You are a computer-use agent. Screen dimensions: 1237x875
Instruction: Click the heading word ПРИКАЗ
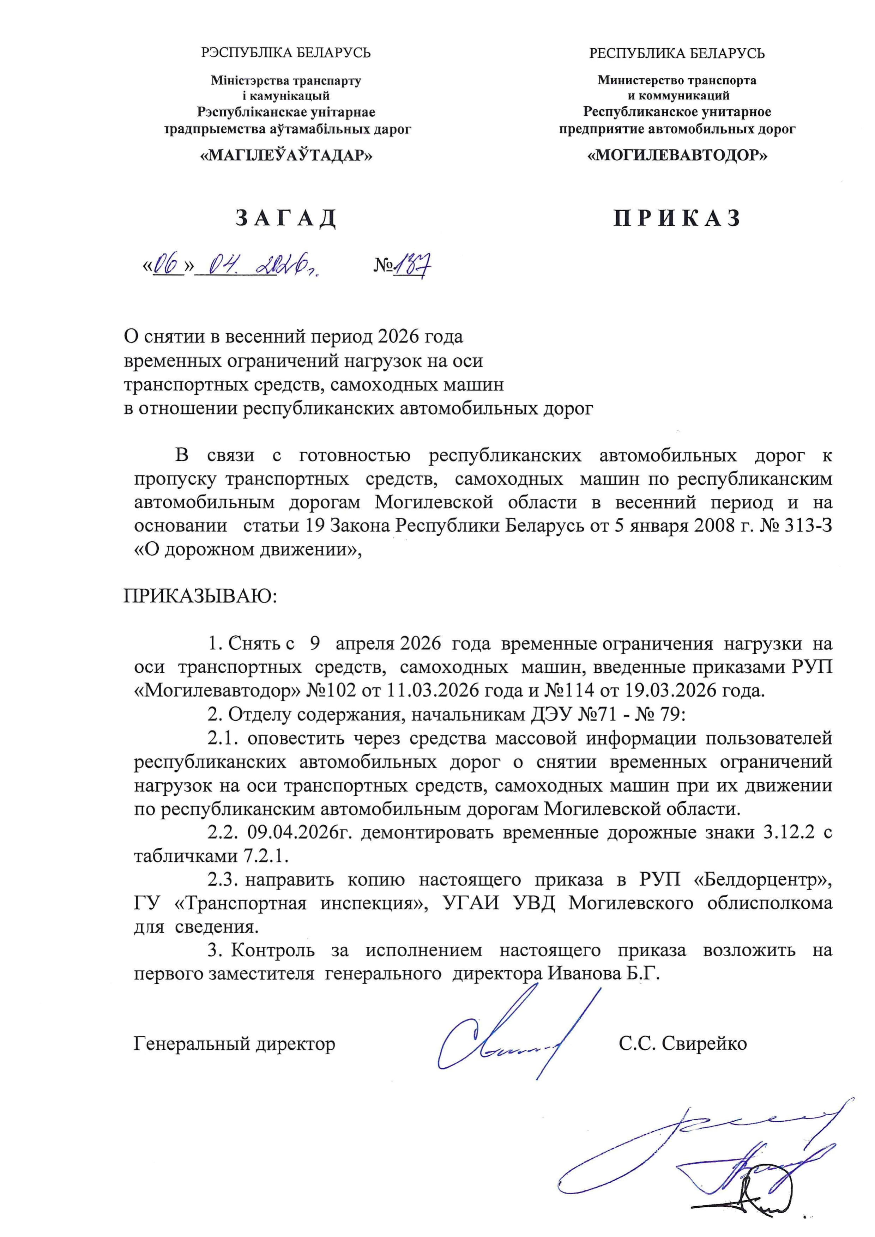click(677, 218)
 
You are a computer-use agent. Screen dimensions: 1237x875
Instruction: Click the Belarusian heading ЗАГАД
click(286, 218)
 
